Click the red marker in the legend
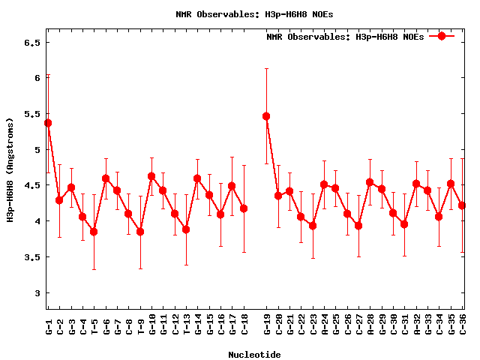(x=442, y=36)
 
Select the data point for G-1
(x=48, y=123)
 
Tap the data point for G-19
(x=266, y=116)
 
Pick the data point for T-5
(x=94, y=232)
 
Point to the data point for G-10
(x=151, y=176)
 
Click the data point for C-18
(x=244, y=208)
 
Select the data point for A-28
(x=370, y=182)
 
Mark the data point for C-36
(x=462, y=205)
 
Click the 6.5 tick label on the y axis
(x=31, y=42)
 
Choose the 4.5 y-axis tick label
(x=31, y=185)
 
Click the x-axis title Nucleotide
(x=255, y=355)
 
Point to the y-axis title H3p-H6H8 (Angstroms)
(x=10, y=169)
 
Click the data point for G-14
(x=197, y=178)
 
